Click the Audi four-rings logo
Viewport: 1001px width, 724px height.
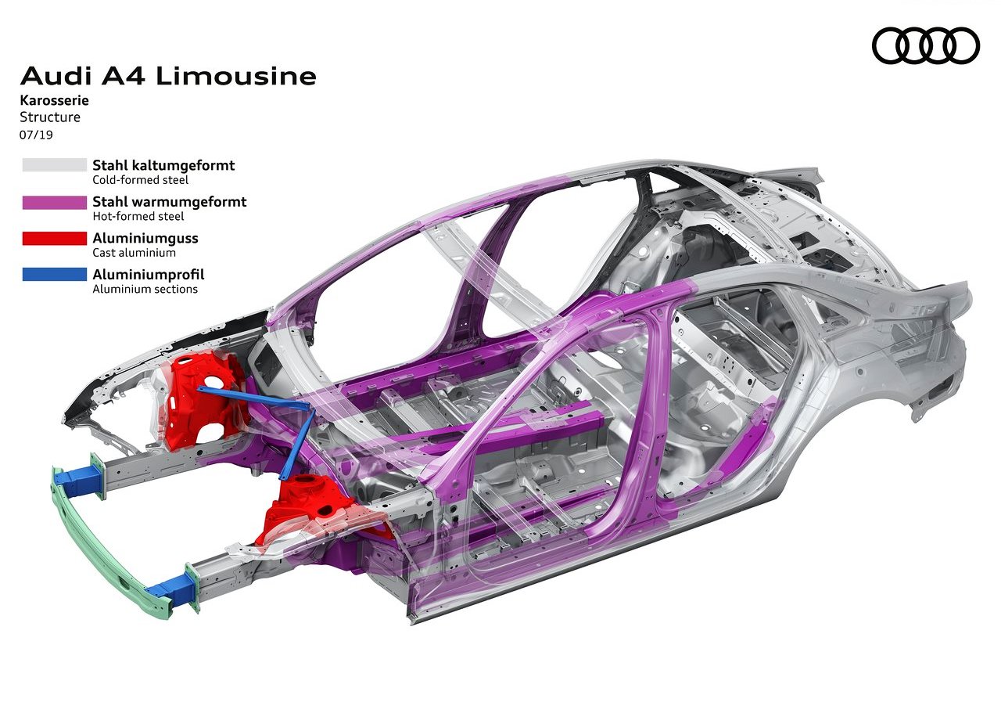point(925,45)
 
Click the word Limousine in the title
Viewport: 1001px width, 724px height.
point(236,76)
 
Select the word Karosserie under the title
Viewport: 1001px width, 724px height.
point(54,100)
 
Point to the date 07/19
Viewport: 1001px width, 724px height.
point(36,135)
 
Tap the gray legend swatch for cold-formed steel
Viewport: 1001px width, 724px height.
point(55,165)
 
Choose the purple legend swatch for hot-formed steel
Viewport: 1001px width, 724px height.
point(55,202)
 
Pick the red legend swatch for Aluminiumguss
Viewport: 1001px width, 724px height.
point(55,239)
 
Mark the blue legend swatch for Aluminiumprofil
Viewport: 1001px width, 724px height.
point(55,274)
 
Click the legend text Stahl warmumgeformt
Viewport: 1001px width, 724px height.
point(170,202)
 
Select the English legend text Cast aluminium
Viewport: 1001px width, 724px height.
point(134,253)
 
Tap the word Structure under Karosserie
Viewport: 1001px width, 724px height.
point(50,117)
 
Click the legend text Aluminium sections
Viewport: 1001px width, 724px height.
point(145,289)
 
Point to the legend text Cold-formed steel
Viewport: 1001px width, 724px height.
point(140,180)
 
